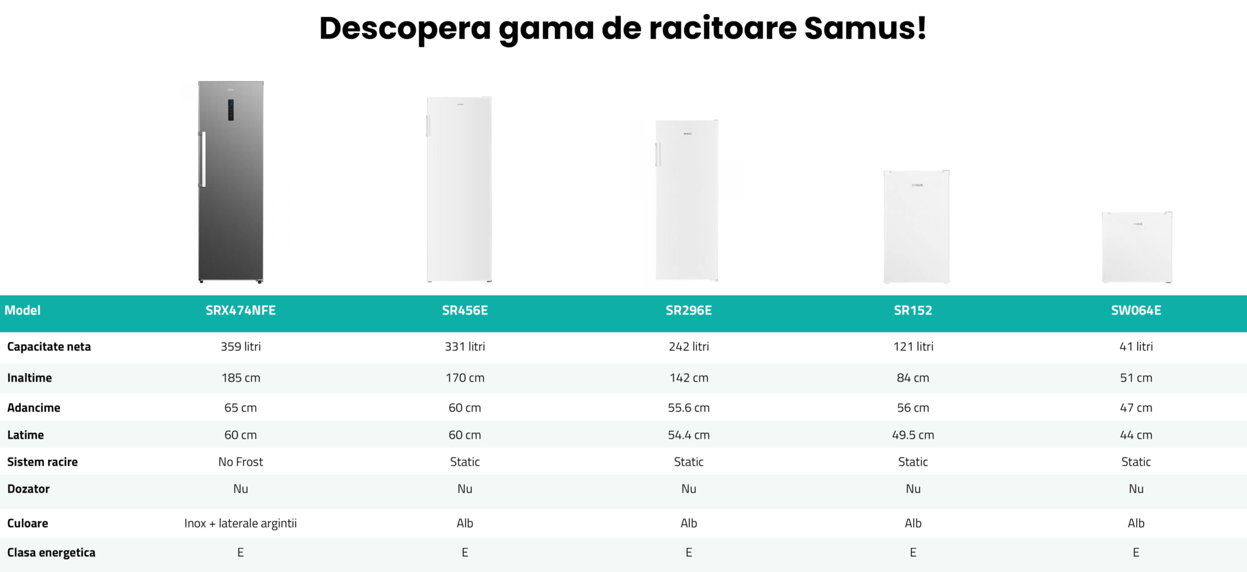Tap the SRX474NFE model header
point(241,311)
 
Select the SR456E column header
point(465,311)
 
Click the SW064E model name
point(1136,311)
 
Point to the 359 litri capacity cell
point(241,346)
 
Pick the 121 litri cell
point(913,346)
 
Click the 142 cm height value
point(688,378)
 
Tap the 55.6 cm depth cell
point(688,408)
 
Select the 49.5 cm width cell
point(913,435)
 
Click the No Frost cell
point(241,462)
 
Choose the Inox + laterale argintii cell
point(241,523)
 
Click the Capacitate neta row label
point(49,346)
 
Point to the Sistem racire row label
point(42,462)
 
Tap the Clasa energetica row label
point(51,553)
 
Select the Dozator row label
point(28,489)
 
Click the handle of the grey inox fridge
point(203,159)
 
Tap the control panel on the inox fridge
point(231,110)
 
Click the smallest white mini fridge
point(1137,247)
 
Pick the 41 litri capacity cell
point(1136,346)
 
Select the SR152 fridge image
point(916,227)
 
